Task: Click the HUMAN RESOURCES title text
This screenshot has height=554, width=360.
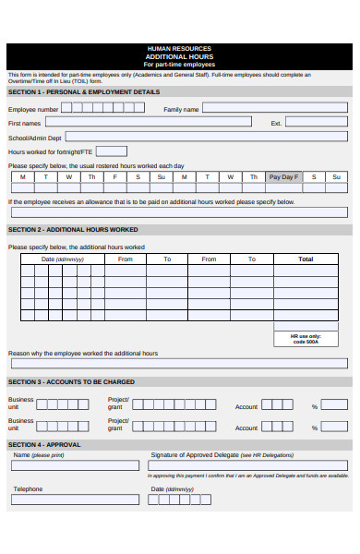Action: [x=179, y=49]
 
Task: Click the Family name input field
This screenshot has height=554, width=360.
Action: [x=274, y=108]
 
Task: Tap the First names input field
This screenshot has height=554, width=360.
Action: [x=147, y=122]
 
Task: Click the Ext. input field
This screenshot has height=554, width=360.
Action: [x=316, y=122]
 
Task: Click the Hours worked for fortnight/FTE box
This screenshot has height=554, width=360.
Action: [x=112, y=151]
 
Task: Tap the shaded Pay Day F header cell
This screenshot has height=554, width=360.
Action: [x=283, y=176]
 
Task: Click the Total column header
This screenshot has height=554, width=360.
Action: [x=306, y=259]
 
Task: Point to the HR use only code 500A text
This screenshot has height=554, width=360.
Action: [x=305, y=339]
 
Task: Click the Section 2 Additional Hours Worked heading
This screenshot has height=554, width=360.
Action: [x=73, y=229]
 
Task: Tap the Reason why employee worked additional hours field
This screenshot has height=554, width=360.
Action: [x=178, y=364]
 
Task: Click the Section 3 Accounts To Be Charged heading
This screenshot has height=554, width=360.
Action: [x=71, y=381]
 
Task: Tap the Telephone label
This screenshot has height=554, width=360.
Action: [x=28, y=488]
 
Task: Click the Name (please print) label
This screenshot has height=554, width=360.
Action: [x=39, y=455]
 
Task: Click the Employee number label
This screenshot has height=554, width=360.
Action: [x=33, y=109]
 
